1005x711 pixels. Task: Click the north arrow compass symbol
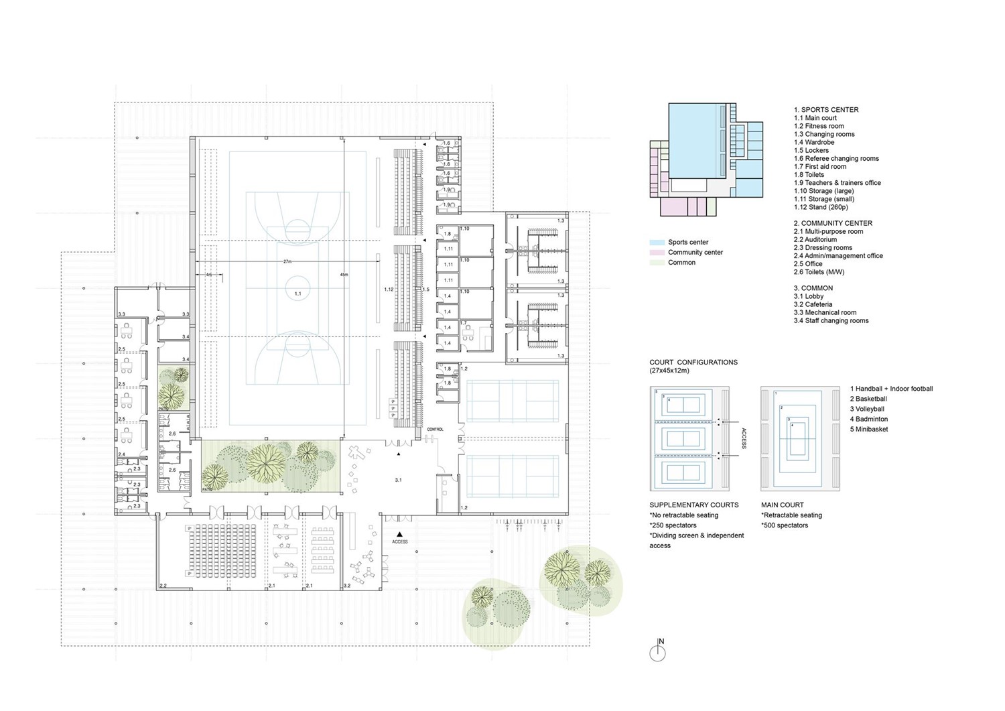click(x=658, y=652)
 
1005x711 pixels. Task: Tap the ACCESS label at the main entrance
click(x=400, y=541)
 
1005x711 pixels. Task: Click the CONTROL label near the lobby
click(x=435, y=429)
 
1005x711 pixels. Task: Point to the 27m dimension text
click(x=287, y=261)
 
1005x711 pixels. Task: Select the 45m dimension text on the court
click(x=344, y=275)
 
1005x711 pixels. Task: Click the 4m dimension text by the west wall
click(x=208, y=275)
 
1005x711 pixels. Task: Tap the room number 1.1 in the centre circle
click(x=297, y=294)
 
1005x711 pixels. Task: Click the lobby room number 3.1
click(x=398, y=480)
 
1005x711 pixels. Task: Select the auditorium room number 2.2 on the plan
click(x=163, y=586)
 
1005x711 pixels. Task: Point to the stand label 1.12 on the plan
click(x=389, y=289)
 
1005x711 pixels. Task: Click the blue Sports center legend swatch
click(x=657, y=243)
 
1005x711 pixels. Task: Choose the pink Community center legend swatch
click(x=657, y=253)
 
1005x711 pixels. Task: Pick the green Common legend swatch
click(x=657, y=263)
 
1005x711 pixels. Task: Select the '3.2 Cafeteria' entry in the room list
click(x=813, y=304)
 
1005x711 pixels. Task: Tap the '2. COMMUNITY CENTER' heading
click(x=833, y=223)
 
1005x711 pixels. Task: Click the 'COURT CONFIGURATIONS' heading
click(x=693, y=363)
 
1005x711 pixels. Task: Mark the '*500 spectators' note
click(x=785, y=525)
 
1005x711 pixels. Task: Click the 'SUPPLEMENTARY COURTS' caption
click(x=693, y=505)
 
